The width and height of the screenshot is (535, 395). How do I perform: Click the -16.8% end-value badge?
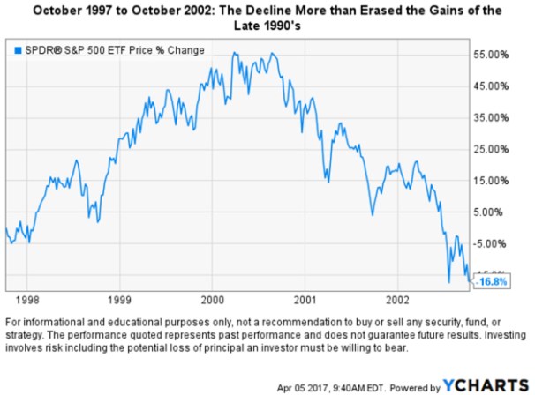coord(491,282)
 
